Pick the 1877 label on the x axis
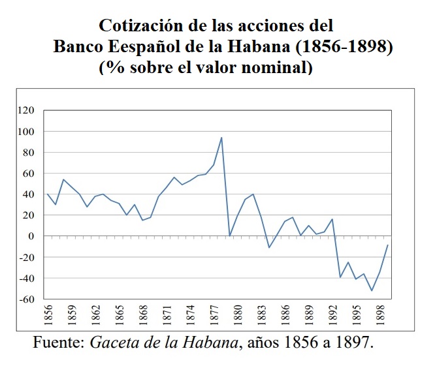click(214, 316)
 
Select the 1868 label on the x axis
click(143, 316)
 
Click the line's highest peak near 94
click(222, 138)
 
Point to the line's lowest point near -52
click(372, 290)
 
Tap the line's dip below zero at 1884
click(269, 247)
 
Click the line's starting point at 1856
click(48, 194)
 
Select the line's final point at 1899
click(387, 245)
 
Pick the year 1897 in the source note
click(356, 343)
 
